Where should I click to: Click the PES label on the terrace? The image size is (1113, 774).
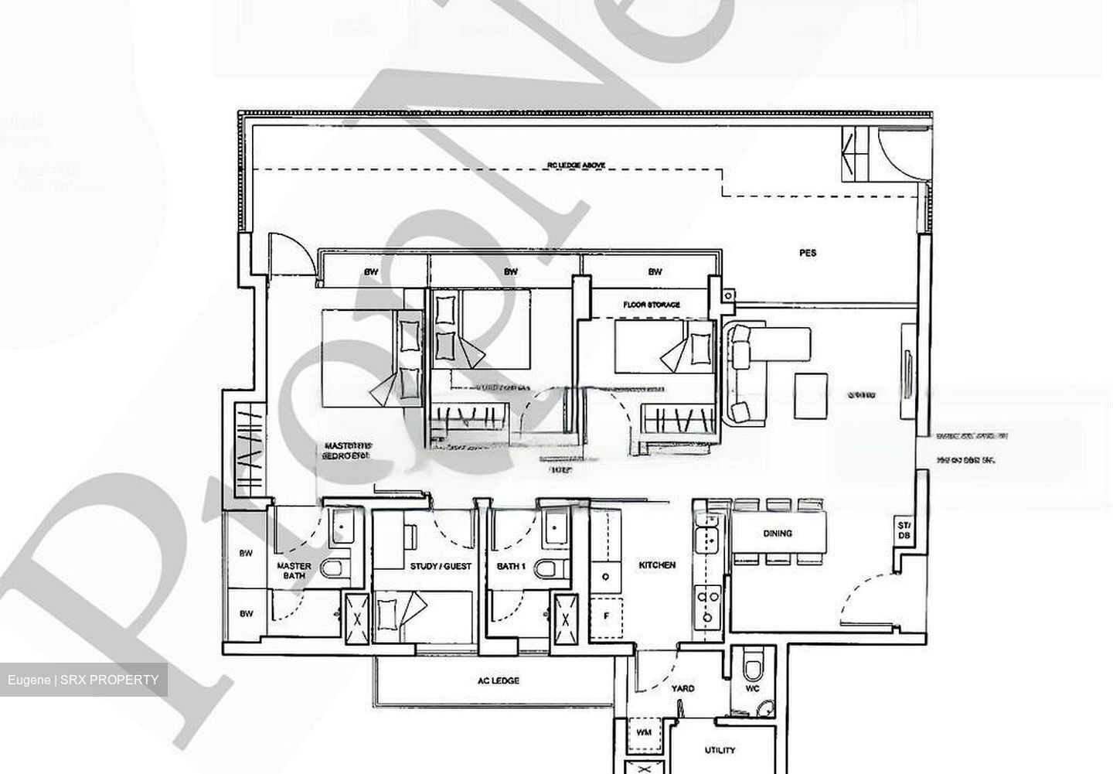coord(807,253)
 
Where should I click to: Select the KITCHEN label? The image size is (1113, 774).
coord(657,565)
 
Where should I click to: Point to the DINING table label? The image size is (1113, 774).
coord(777,534)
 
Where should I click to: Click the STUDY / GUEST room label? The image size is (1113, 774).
coord(441,566)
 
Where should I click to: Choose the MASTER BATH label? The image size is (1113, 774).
coord(294,571)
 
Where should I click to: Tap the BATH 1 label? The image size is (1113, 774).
coord(511,566)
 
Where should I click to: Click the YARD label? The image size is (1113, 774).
coord(682,688)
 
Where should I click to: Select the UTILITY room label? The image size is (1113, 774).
coord(720,749)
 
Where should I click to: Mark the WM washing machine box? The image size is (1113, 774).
coord(642,731)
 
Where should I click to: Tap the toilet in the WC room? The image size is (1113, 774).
coord(751,665)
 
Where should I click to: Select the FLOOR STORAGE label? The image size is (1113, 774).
coord(652,305)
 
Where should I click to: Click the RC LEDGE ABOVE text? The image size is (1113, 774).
coord(576,165)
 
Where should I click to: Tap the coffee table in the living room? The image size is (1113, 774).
coord(811,387)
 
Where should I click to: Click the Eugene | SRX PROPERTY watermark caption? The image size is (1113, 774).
coord(83,680)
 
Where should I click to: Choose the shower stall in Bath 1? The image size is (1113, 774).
coord(567,618)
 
